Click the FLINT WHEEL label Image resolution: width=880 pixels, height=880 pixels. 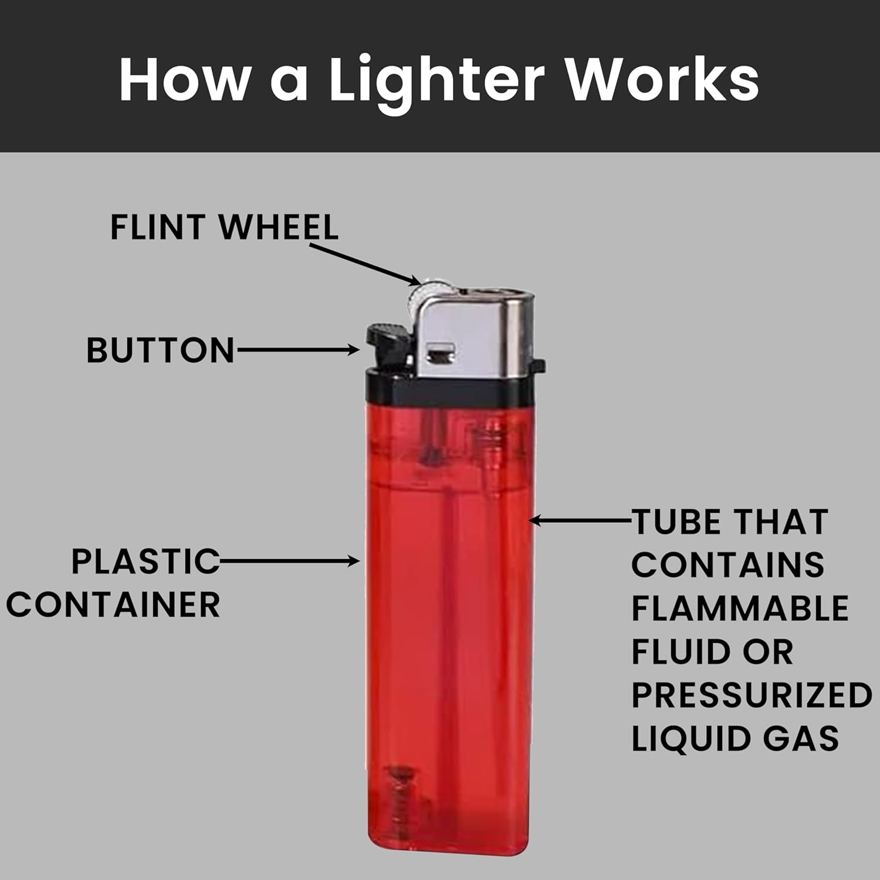(x=224, y=227)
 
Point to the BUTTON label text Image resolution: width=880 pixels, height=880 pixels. (x=160, y=350)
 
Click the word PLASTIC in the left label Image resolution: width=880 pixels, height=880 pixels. (x=145, y=561)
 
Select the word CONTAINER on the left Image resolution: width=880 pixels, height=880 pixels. (x=113, y=605)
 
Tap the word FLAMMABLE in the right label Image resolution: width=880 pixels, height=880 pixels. (x=740, y=608)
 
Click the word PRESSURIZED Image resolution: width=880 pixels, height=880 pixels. (x=752, y=695)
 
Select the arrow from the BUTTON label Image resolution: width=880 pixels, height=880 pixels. (x=298, y=350)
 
